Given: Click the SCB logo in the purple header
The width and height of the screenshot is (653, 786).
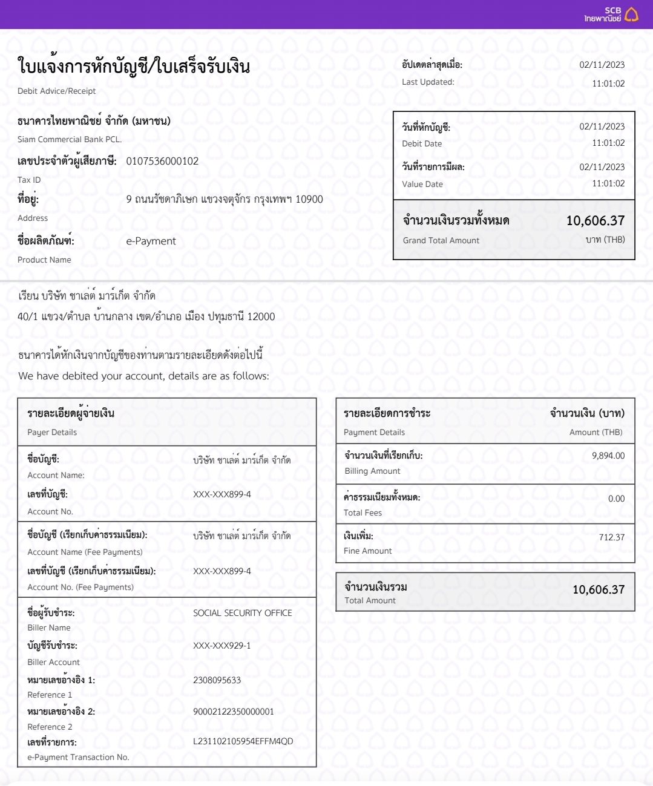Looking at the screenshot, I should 611,15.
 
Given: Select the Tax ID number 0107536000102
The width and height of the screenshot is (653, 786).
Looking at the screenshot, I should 162,161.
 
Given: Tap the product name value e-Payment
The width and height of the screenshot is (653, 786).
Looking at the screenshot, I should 151,241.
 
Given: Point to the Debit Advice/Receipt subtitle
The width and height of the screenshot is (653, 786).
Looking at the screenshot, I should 56,91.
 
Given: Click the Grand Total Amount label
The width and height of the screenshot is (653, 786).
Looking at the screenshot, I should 441,240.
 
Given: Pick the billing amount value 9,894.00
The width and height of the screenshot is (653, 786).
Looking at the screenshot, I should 608,456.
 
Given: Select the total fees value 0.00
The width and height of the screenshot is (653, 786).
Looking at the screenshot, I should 616,499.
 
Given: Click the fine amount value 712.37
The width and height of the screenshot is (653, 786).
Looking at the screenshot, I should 611,537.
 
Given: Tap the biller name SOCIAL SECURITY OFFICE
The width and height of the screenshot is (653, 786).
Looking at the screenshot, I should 242,613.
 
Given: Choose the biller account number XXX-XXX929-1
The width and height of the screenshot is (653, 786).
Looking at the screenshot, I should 221,646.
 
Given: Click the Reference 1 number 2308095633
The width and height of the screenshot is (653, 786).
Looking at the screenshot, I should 217,680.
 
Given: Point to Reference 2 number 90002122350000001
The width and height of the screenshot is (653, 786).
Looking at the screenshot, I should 233,712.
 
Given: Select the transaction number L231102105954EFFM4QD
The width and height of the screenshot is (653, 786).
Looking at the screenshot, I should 243,741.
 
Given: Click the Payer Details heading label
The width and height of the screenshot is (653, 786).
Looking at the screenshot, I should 52,432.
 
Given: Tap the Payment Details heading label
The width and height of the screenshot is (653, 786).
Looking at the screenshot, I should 374,432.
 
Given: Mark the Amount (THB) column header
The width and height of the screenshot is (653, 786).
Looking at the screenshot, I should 596,432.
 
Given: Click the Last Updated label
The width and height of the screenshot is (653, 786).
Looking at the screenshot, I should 428,82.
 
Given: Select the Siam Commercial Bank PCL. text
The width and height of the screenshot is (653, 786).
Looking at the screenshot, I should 70,139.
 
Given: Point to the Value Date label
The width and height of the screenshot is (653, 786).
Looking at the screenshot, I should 422,184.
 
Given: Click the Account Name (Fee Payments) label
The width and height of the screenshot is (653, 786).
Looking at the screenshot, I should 85,552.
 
